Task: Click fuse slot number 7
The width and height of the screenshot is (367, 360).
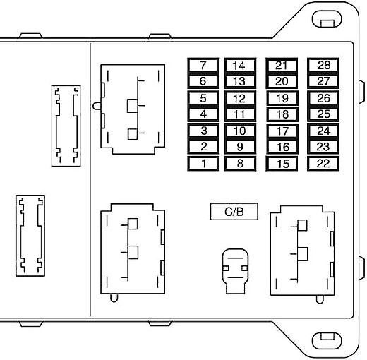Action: [203, 66]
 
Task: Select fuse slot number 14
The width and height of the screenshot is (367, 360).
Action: [240, 66]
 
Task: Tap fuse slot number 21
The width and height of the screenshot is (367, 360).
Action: [282, 66]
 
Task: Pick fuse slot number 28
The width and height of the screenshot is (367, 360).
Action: [323, 66]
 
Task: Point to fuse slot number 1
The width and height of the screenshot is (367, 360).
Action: [203, 163]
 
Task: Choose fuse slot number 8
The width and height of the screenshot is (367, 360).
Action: [240, 163]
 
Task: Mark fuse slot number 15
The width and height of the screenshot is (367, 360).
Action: [282, 163]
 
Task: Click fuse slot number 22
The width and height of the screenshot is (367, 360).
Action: [323, 163]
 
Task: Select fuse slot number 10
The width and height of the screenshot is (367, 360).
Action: [240, 131]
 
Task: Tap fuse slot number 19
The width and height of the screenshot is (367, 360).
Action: [282, 98]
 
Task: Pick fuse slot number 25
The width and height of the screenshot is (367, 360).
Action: [323, 114]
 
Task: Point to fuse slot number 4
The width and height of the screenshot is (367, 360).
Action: [203, 114]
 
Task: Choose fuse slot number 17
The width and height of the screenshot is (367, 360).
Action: [282, 131]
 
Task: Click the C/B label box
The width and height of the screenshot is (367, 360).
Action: [234, 212]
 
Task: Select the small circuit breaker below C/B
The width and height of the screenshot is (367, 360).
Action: [235, 271]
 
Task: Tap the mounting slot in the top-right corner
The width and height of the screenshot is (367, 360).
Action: [326, 19]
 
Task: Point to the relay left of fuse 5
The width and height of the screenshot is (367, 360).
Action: [133, 109]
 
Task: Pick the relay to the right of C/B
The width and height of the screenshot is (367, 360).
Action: [302, 251]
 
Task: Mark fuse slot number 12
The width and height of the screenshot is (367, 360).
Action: [240, 98]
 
